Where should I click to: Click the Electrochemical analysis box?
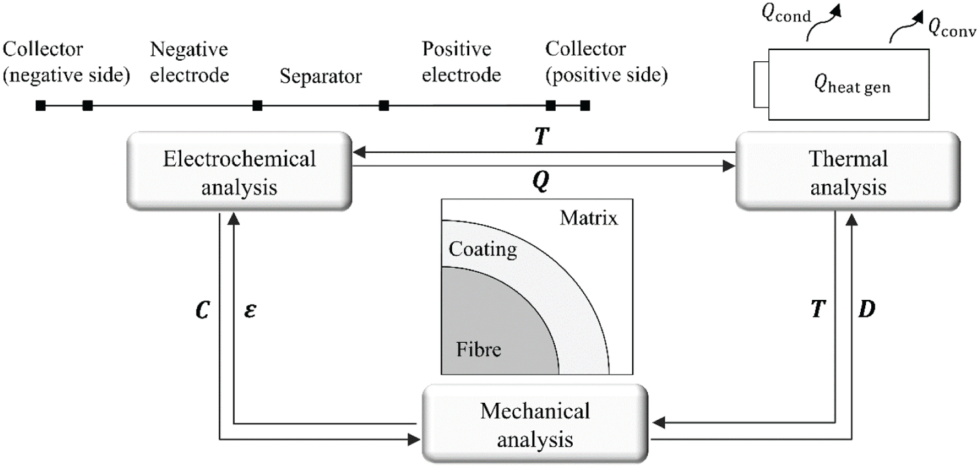point(239,171)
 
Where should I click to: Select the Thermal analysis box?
point(848,171)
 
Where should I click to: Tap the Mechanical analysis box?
point(535,424)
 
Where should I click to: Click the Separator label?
point(321,76)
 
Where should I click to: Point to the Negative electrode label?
point(189,62)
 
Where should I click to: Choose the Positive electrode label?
point(461,62)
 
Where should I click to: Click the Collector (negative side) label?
point(66,62)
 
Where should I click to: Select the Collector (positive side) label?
point(607,62)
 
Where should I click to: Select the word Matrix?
point(588,218)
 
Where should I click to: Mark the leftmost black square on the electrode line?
point(40,105)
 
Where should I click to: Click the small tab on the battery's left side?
point(761,85)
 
